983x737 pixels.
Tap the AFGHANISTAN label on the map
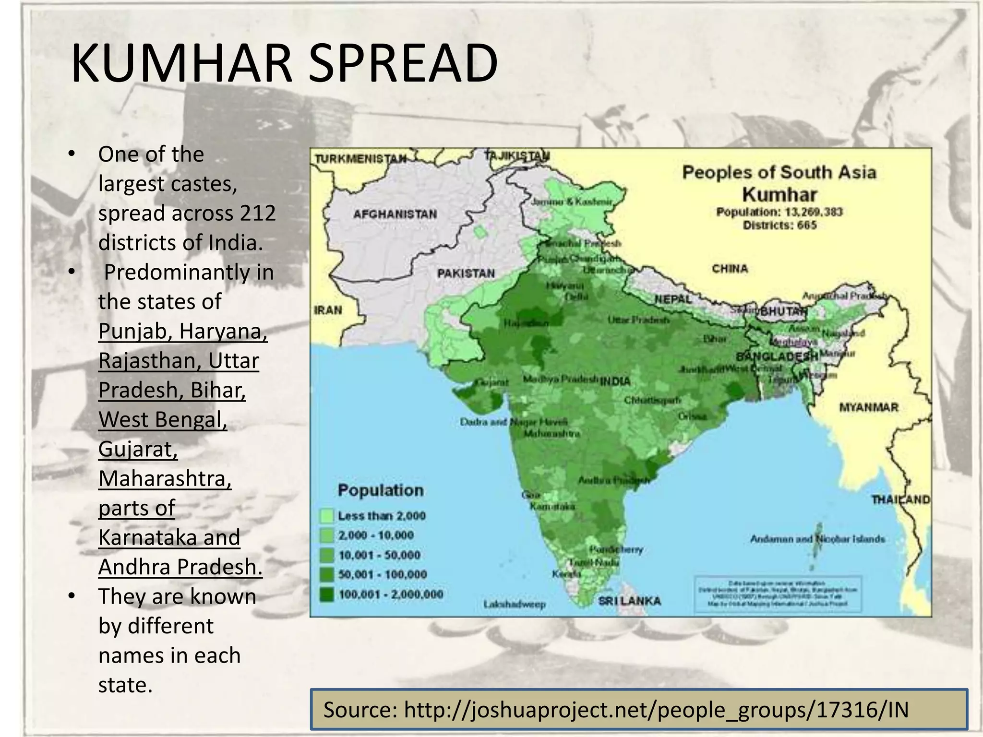click(x=395, y=214)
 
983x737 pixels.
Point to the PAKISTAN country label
click(x=466, y=273)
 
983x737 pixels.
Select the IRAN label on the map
click(x=328, y=310)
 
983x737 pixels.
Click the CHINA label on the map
click(x=730, y=268)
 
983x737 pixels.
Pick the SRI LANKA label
click(x=629, y=601)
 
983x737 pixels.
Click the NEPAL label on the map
click(x=673, y=299)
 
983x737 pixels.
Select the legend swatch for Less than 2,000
click(x=326, y=516)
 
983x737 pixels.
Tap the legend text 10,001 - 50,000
click(x=379, y=555)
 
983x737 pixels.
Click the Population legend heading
click(x=381, y=490)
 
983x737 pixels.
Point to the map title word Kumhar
click(x=779, y=195)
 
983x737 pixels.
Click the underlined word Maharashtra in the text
click(x=165, y=478)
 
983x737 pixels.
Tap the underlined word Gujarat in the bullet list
click(x=138, y=449)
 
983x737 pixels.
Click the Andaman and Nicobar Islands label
click(x=817, y=539)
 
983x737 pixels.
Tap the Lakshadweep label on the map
click(x=515, y=604)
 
